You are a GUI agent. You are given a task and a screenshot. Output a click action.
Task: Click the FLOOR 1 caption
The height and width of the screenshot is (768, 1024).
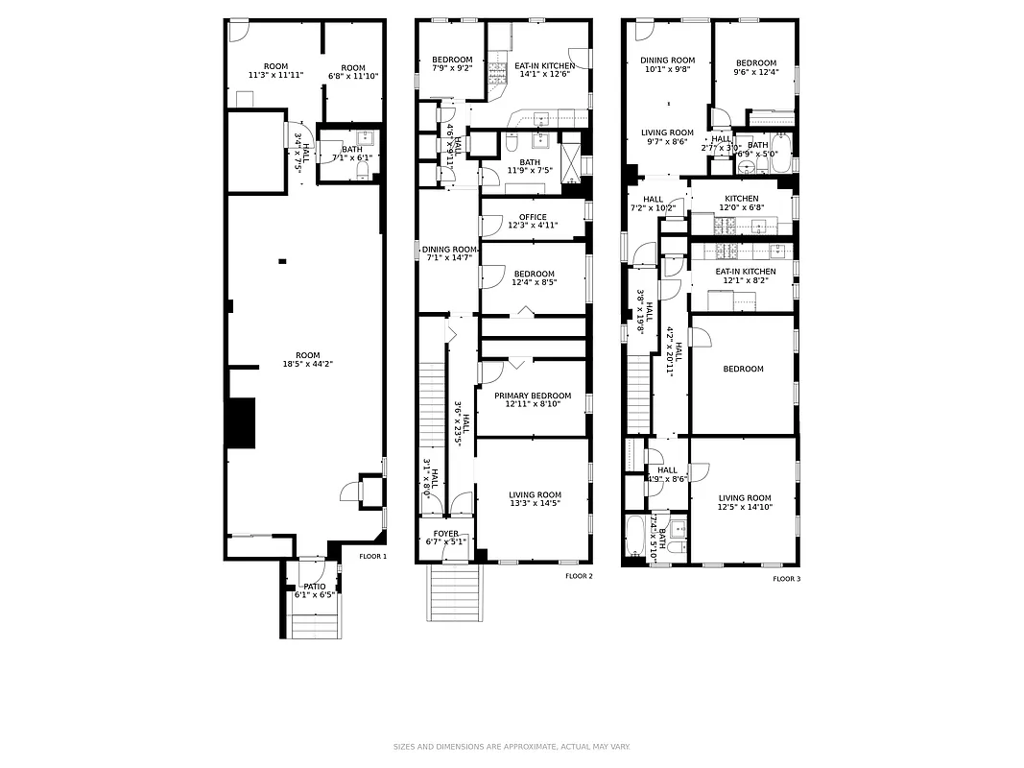372,556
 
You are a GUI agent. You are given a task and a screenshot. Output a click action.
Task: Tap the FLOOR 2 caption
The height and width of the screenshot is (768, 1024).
579,576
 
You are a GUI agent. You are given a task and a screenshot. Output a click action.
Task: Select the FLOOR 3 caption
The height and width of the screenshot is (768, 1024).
787,579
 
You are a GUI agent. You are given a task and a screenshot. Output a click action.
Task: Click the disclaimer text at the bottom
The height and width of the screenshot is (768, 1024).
512,746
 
